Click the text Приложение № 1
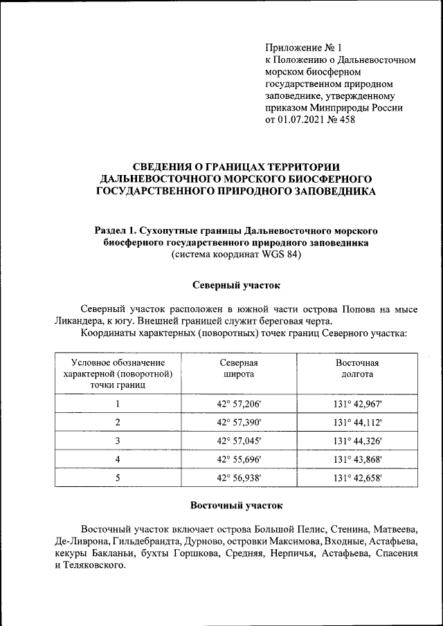coord(304,48)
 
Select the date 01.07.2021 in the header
coord(302,120)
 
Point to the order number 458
coord(347,120)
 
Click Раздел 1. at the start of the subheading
coord(114,229)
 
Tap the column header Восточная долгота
coord(357,369)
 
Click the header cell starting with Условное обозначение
coord(118,374)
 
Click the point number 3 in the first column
coord(118,441)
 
